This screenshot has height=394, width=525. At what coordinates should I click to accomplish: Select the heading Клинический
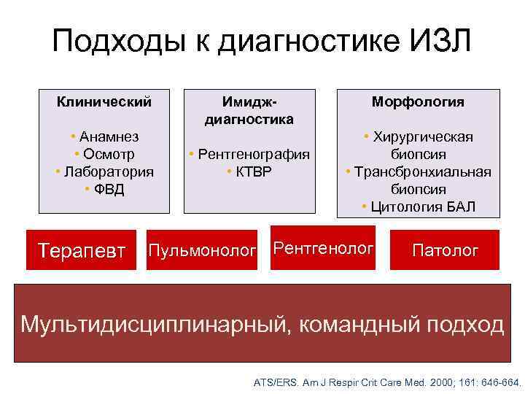(x=104, y=101)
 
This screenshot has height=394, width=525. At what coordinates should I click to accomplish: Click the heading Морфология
(x=418, y=101)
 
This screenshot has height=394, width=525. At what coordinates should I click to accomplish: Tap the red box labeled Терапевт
(x=82, y=250)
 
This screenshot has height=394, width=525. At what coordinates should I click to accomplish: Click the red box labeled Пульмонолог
(x=202, y=250)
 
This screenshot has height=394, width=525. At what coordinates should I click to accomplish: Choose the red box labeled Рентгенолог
(x=323, y=248)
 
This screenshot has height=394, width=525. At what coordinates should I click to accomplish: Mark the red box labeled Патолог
(x=445, y=250)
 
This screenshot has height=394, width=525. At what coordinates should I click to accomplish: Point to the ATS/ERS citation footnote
(x=387, y=382)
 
